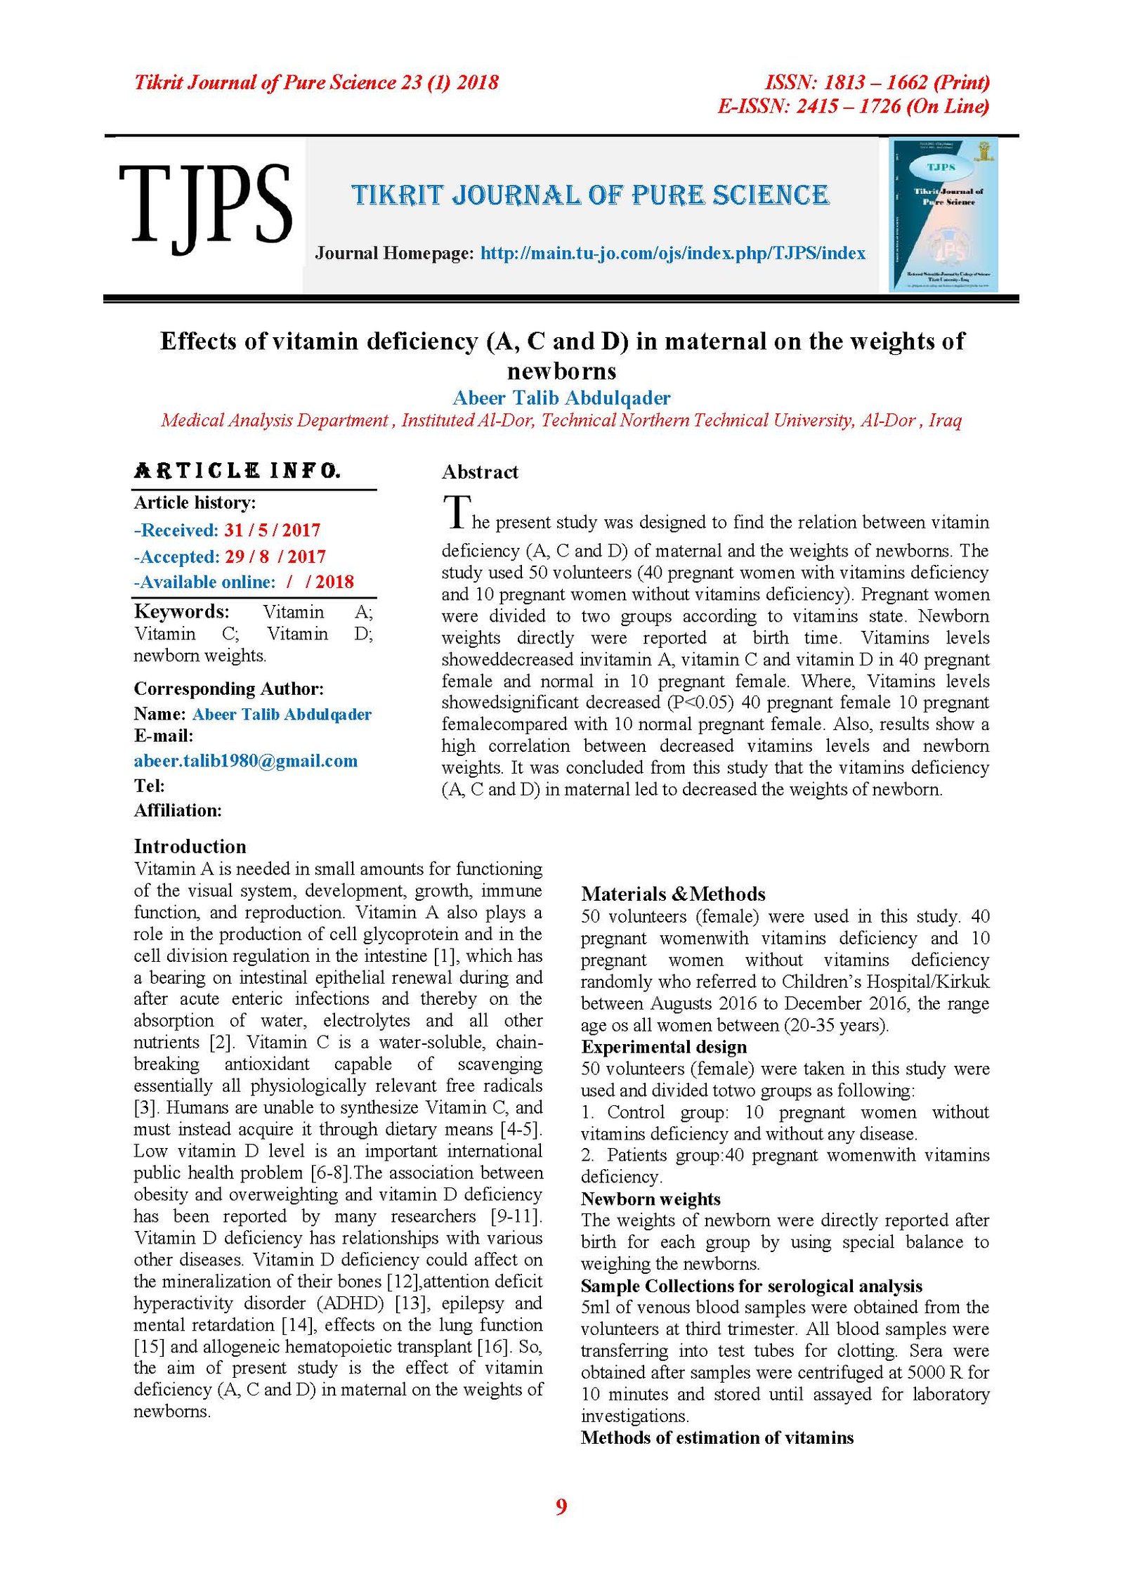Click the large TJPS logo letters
[x=205, y=205]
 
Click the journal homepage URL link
[x=672, y=253]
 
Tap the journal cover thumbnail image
[x=943, y=214]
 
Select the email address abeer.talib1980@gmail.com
[x=245, y=761]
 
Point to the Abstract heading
[x=480, y=472]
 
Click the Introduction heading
[x=190, y=846]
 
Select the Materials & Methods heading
[x=672, y=894]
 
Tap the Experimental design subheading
[x=663, y=1047]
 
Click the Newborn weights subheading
[x=651, y=1199]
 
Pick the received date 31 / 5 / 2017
[x=273, y=530]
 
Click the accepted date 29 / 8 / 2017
[x=275, y=556]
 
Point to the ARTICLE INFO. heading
[x=237, y=471]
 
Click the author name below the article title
[x=561, y=398]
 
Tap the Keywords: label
[x=181, y=611]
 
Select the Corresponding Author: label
[x=228, y=689]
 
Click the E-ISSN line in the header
[x=852, y=106]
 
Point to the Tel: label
[x=149, y=786]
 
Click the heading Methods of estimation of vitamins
[x=717, y=1438]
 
